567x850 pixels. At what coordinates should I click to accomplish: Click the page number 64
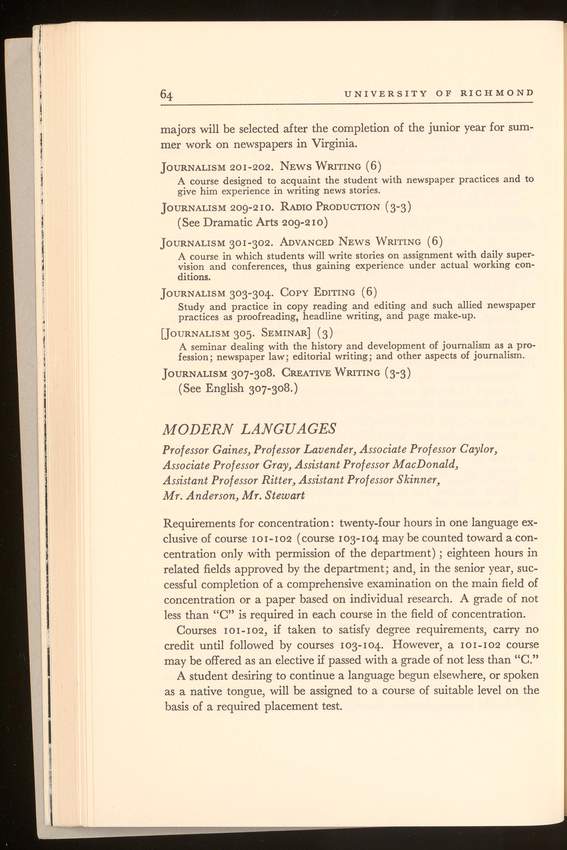click(x=167, y=95)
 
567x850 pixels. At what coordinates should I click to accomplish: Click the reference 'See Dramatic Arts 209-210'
click(x=253, y=222)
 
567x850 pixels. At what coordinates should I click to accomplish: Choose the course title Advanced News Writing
click(x=350, y=241)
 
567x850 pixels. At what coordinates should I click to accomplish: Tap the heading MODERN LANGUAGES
click(x=249, y=429)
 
